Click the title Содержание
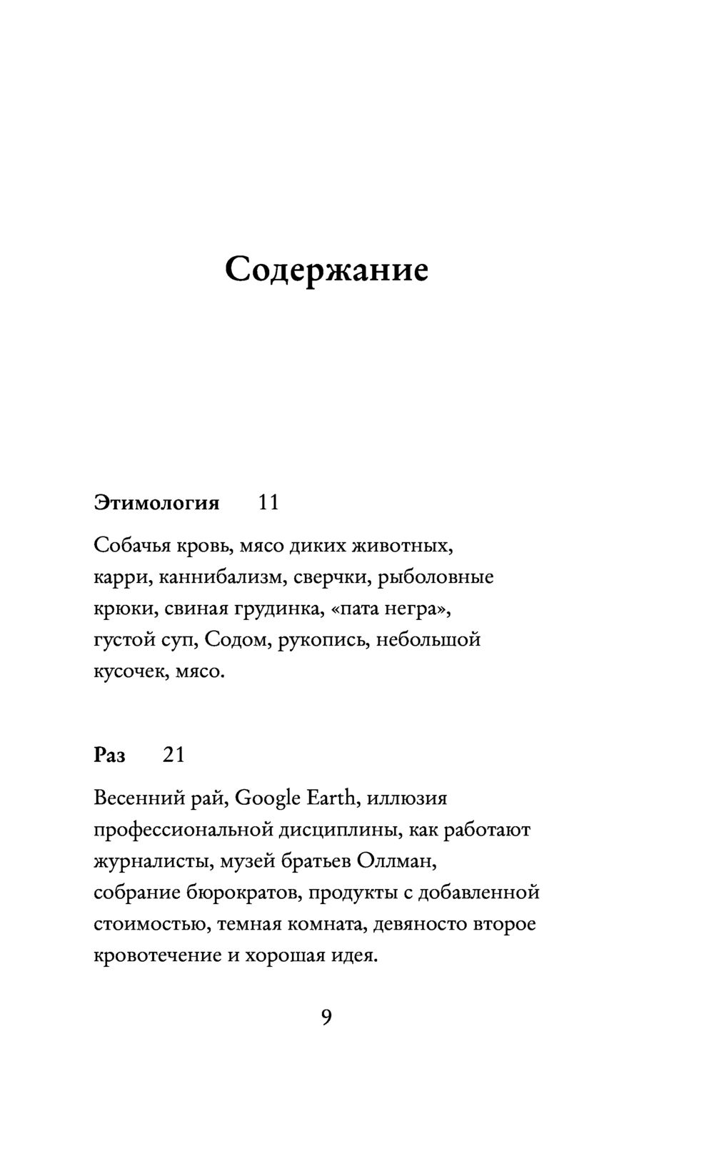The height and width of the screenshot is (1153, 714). click(x=326, y=270)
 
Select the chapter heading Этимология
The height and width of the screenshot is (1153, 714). click(x=156, y=503)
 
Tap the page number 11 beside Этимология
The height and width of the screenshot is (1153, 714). click(x=268, y=503)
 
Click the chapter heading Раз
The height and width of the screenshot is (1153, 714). click(x=109, y=755)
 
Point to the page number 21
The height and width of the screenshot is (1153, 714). click(x=174, y=755)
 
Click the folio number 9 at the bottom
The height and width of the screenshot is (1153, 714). click(x=326, y=1017)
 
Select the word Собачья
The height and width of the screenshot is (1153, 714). click(x=131, y=547)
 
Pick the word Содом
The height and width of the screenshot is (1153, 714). click(x=236, y=640)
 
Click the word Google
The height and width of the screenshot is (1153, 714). click(x=267, y=798)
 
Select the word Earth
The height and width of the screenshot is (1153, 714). click(x=331, y=798)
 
